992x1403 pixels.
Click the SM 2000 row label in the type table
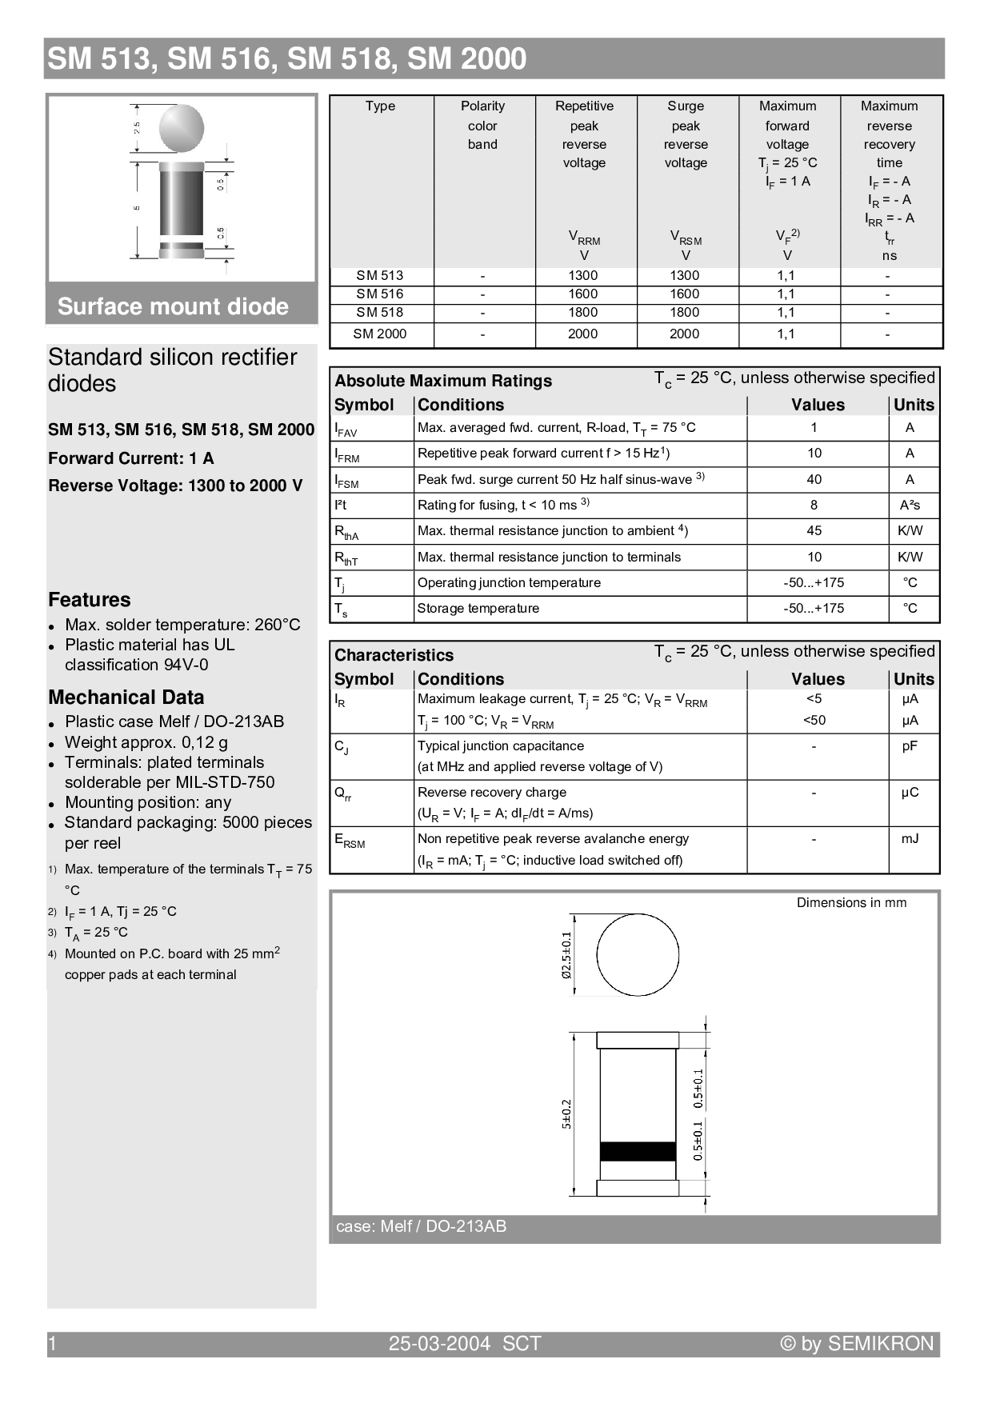point(380,334)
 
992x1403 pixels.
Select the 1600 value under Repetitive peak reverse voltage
point(583,294)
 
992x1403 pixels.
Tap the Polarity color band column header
point(482,126)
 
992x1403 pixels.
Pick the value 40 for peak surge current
point(814,480)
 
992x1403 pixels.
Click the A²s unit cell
point(910,506)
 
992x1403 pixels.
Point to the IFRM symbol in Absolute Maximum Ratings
point(346,455)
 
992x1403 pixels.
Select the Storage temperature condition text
point(478,609)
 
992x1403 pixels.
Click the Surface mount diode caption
point(173,306)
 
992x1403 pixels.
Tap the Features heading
point(89,600)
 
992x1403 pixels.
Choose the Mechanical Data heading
point(126,698)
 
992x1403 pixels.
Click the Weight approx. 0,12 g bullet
point(146,742)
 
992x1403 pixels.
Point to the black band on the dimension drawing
point(638,1151)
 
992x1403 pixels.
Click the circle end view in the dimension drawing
point(638,954)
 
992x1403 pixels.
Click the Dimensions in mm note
point(851,903)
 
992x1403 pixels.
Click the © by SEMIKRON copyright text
point(857,1344)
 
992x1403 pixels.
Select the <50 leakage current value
point(814,721)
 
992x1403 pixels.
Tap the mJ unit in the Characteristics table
point(910,839)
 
